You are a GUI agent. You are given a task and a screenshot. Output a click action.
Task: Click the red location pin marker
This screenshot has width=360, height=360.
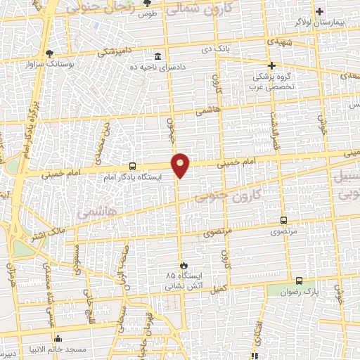click(181, 165)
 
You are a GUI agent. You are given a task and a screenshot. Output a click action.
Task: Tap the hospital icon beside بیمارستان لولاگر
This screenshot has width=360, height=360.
click(320, 11)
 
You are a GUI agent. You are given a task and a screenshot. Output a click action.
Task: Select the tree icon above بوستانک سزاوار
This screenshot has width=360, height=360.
click(49, 53)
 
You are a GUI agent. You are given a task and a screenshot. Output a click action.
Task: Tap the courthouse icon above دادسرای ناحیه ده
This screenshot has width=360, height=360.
click(157, 56)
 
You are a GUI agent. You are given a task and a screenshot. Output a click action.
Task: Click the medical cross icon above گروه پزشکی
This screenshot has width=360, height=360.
click(271, 65)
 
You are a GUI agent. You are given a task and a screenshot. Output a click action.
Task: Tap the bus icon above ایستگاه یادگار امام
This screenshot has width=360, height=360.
click(132, 167)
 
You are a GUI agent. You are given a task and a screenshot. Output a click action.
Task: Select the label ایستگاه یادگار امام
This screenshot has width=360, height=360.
click(136, 178)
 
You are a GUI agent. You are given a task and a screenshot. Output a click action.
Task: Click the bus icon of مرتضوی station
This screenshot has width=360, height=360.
click(284, 219)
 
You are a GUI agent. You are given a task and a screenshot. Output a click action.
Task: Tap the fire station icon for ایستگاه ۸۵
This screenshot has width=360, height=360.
click(184, 265)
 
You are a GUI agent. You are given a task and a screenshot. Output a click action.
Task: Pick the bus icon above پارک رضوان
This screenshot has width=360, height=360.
click(299, 280)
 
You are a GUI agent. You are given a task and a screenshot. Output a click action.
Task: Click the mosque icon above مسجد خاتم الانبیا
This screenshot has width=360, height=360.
click(57, 338)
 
